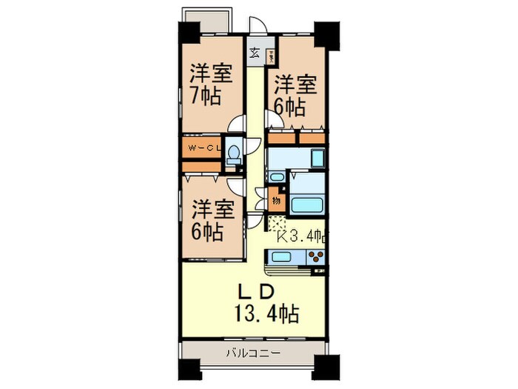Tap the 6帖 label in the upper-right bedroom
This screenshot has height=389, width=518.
(x=289, y=107)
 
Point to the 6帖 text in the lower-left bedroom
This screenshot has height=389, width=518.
(x=209, y=232)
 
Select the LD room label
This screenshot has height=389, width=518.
(x=258, y=288)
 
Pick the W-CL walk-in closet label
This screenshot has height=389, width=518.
(x=202, y=149)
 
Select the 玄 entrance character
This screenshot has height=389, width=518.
(x=254, y=53)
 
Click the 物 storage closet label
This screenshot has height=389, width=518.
(x=275, y=199)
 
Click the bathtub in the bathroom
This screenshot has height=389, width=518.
(x=305, y=205)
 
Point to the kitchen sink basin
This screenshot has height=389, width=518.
(x=281, y=257)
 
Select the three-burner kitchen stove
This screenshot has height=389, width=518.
(x=314, y=258)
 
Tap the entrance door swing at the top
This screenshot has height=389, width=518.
(x=255, y=27)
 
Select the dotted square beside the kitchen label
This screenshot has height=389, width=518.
(x=276, y=224)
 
